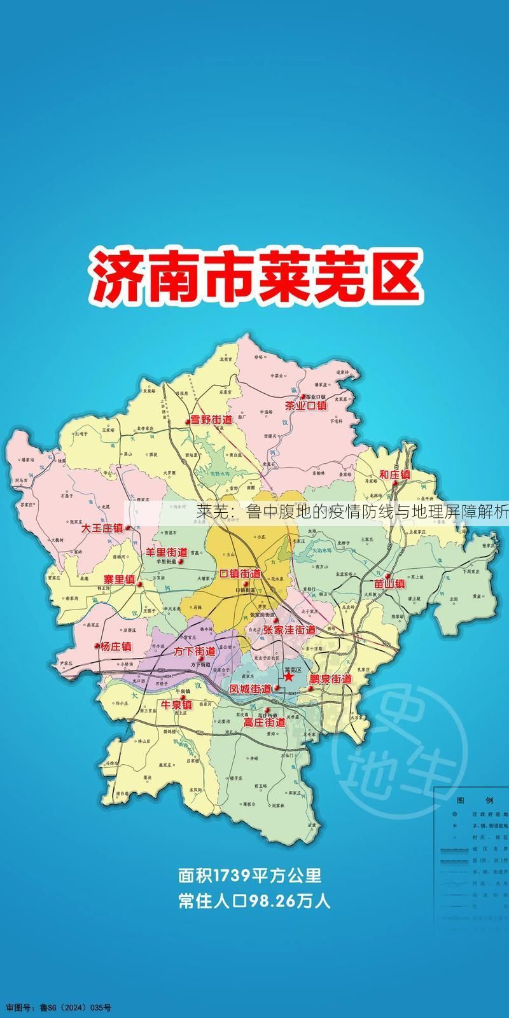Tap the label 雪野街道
pyautogui.click(x=211, y=420)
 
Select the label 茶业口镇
pyautogui.click(x=306, y=405)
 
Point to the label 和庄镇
pyautogui.click(x=394, y=475)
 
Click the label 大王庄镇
pyautogui.click(x=102, y=528)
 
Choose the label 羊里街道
pyautogui.click(x=167, y=552)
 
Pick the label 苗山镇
pyautogui.click(x=389, y=583)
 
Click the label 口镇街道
pyautogui.click(x=239, y=573)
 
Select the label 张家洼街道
pyautogui.click(x=289, y=630)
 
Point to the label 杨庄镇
pyautogui.click(x=115, y=646)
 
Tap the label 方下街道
pyautogui.click(x=194, y=652)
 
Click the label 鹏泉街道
pyautogui.click(x=331, y=679)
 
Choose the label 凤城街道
pyautogui.click(x=250, y=689)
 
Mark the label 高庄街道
pyautogui.click(x=265, y=723)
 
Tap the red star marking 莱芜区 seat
pyautogui.click(x=289, y=678)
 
